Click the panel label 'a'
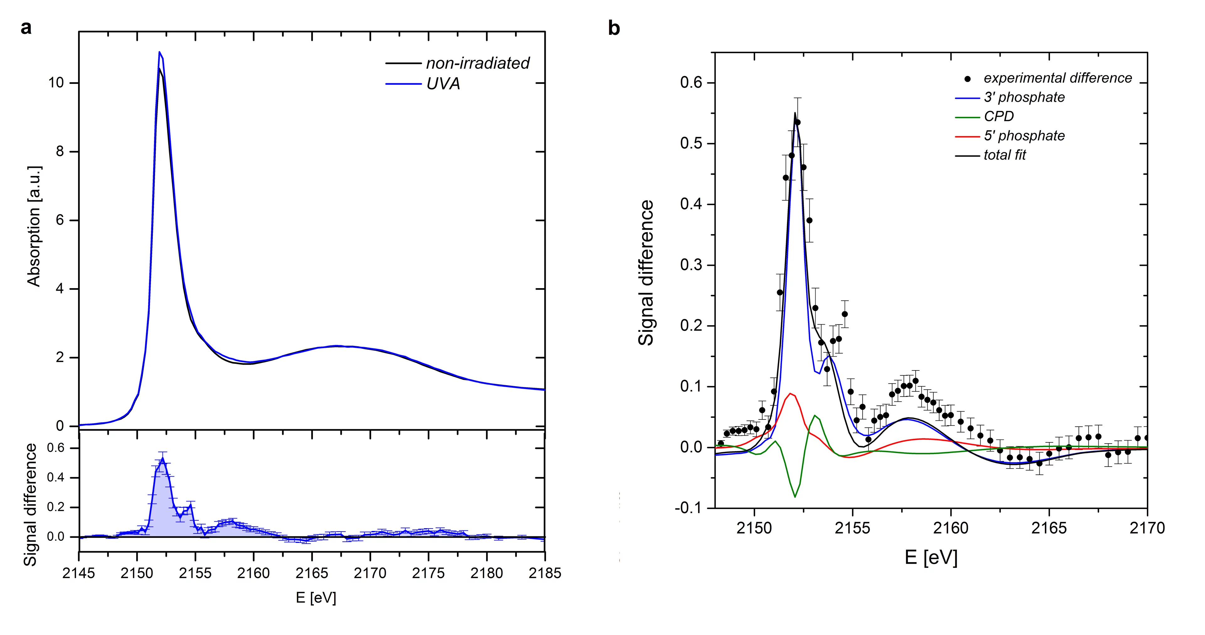pos(26,28)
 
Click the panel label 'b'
pos(614,28)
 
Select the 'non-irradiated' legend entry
pos(477,63)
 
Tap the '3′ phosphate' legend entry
pos(1024,97)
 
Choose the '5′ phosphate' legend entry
pos(1024,136)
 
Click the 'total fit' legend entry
pos(1004,155)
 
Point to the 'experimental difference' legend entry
pos(1057,78)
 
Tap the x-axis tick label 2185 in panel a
pos(544,573)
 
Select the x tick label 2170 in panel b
pos(1147,528)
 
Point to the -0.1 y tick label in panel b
pos(688,508)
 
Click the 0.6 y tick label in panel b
pos(691,83)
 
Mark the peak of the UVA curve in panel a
pos(159,52)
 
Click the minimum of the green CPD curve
pos(795,497)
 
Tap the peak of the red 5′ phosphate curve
pos(790,393)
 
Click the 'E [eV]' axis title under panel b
pos(931,557)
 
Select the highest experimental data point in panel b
pos(798,122)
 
